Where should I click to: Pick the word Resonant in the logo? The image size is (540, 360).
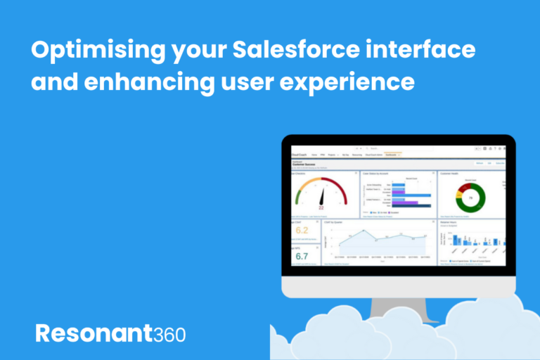[x=92, y=333]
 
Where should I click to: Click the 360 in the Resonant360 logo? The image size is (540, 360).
[x=169, y=333]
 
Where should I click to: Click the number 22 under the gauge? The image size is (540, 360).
[x=321, y=209]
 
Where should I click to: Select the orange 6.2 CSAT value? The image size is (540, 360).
[x=302, y=231]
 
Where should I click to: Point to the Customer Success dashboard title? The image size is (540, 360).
[x=307, y=164]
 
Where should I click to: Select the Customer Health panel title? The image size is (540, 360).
[x=451, y=173]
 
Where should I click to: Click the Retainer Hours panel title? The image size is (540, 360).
[x=449, y=221]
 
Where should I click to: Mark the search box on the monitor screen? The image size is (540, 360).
[x=394, y=148]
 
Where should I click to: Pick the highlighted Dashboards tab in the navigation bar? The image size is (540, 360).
[x=391, y=155]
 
